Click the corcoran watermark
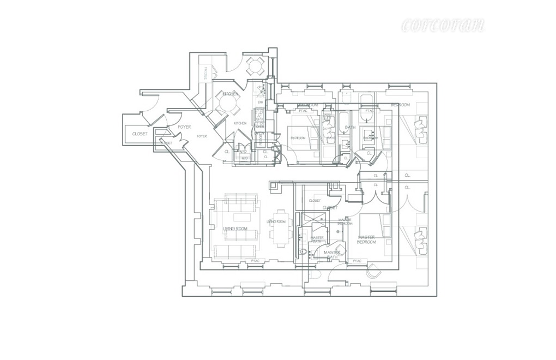pos(443,25)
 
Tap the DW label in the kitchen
pos(261,102)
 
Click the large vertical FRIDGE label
pos(206,73)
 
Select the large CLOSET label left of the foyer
pos(140,134)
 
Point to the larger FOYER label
pos(184,127)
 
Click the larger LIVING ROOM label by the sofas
pos(235,229)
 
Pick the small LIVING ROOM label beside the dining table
pos(276,221)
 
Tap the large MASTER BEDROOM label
pos(367,239)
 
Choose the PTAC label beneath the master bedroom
pos(357,261)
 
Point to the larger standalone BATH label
pos(350,127)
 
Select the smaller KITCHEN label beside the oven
pos(240,123)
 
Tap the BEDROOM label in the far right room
pos(400,104)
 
